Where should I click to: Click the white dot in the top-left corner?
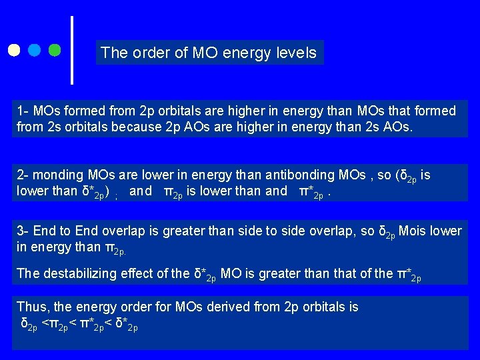[x=15, y=50]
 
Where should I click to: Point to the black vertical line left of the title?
[x=72, y=50]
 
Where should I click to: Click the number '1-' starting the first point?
[x=23, y=111]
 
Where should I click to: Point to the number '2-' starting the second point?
[x=23, y=175]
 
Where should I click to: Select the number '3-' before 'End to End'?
[x=23, y=231]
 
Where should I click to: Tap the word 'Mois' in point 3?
[x=412, y=231]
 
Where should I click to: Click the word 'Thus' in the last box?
[x=31, y=307]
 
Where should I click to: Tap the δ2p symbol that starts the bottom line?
[x=29, y=325]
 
